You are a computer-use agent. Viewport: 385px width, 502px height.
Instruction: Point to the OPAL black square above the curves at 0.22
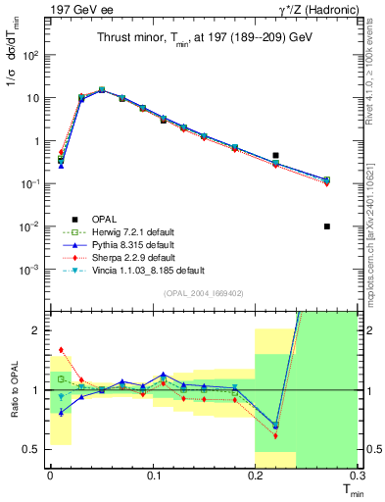pyautogui.click(x=276, y=155)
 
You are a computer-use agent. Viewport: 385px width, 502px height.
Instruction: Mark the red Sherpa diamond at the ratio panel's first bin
pyautogui.click(x=61, y=349)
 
